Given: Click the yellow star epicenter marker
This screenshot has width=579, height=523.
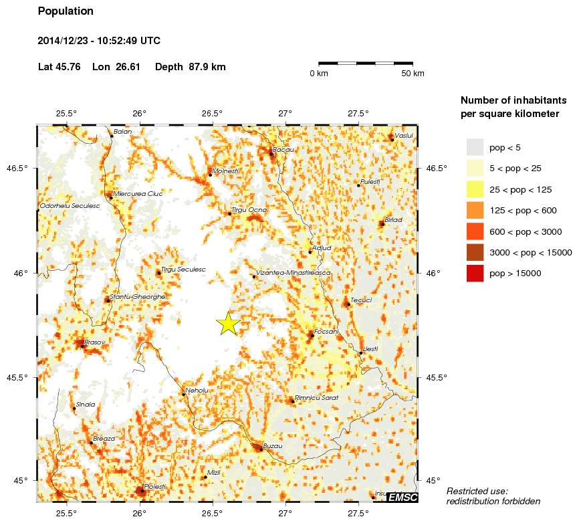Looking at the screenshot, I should (228, 323).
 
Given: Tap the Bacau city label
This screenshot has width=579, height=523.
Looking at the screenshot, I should (284, 150).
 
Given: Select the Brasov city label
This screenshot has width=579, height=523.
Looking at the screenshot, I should (96, 342).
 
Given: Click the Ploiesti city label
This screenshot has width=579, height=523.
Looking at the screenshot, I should (154, 487).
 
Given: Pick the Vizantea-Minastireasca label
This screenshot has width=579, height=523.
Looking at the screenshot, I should (294, 274).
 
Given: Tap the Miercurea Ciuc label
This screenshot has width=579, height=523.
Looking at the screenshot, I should (138, 194).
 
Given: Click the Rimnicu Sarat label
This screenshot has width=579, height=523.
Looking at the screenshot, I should (317, 398).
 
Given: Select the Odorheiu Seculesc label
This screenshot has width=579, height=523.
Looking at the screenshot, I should (70, 206).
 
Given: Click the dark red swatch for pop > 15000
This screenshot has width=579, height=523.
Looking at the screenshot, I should (475, 273).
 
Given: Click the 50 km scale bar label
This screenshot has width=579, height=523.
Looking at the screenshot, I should (413, 74).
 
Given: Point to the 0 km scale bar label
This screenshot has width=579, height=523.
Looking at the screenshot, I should (318, 74).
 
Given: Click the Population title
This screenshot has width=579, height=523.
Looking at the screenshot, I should (66, 11).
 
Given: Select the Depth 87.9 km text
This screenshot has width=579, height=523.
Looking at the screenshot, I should (190, 67).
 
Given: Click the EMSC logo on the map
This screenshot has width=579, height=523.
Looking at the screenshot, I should (402, 497).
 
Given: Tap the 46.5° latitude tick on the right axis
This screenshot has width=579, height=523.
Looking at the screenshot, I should (437, 169).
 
